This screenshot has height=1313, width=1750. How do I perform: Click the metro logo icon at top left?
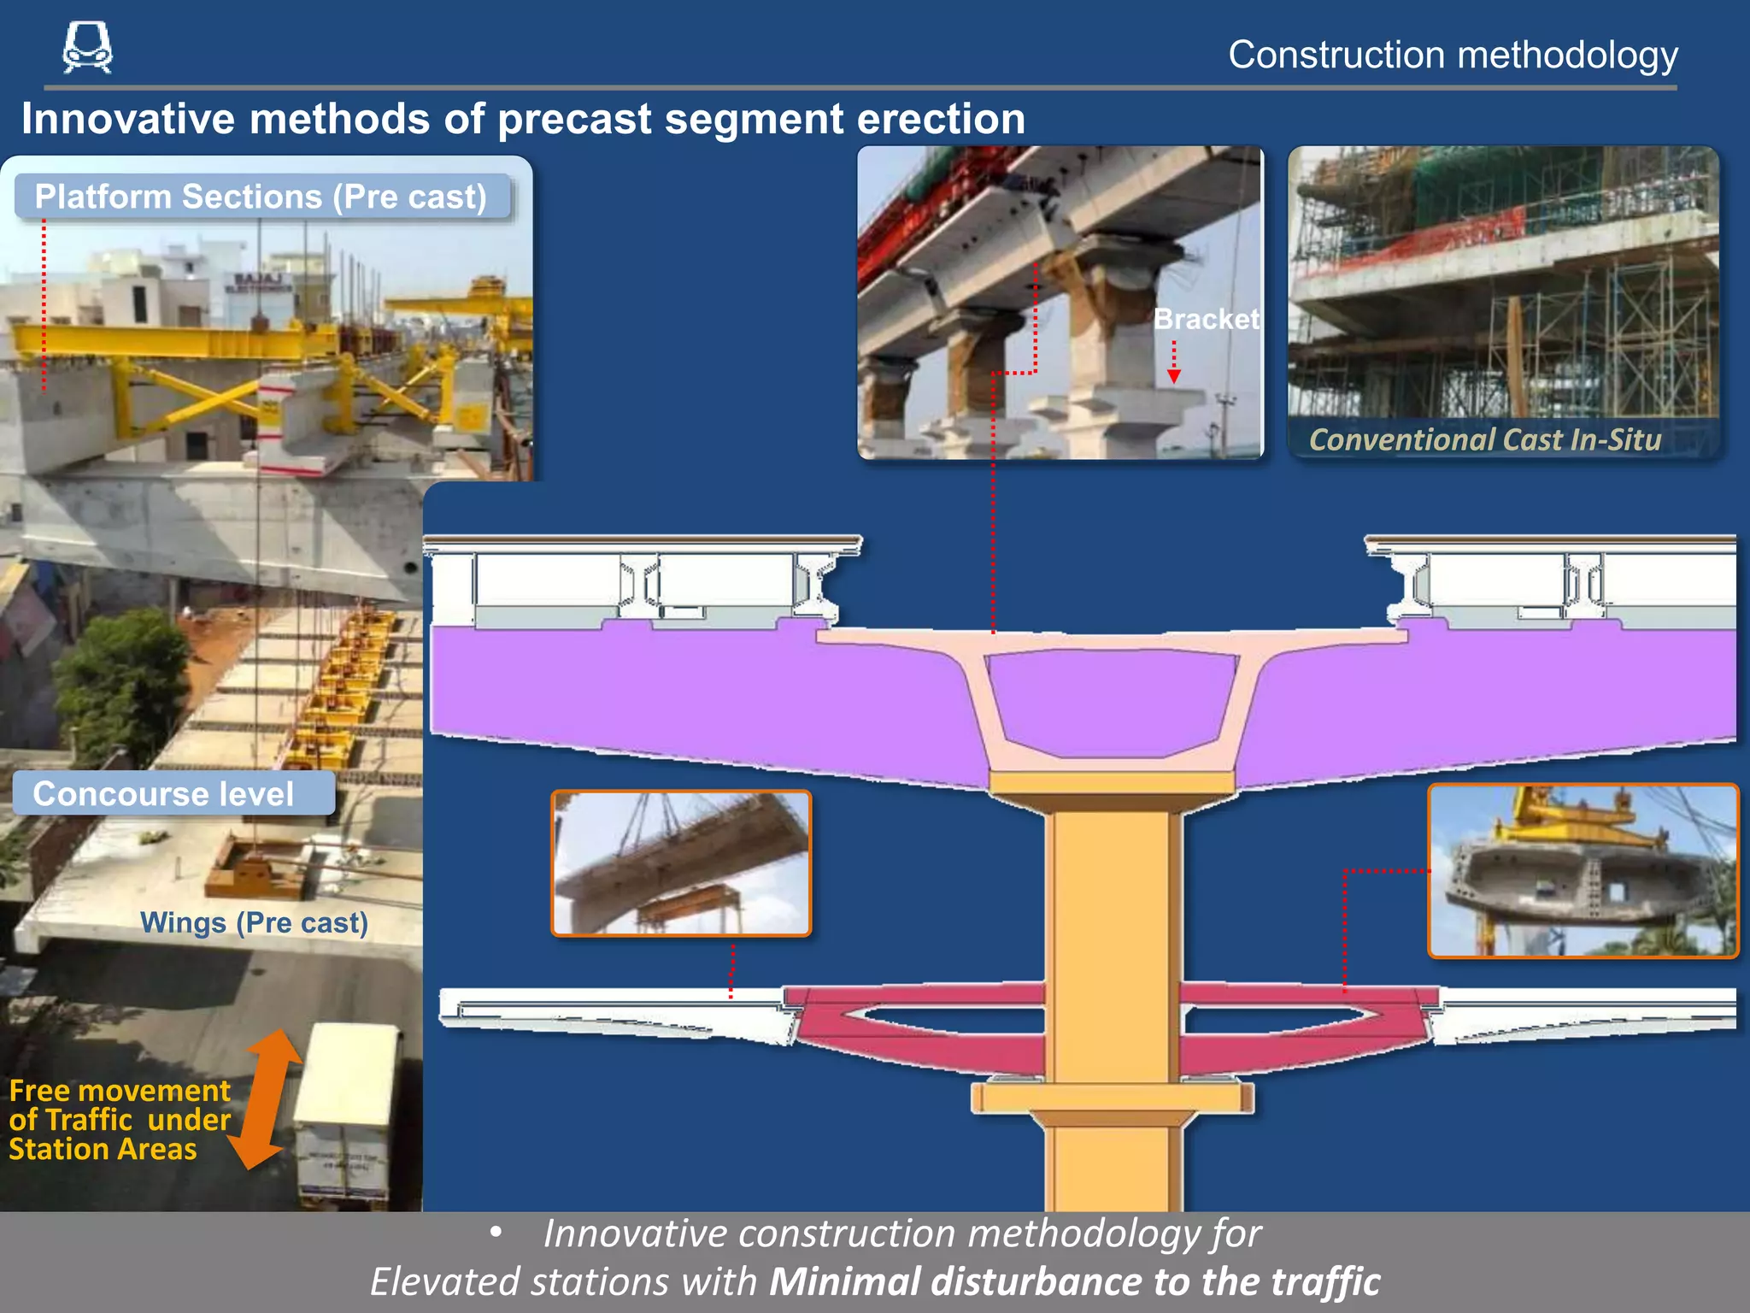pos(87,47)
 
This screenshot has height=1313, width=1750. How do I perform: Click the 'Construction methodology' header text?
pos(1453,55)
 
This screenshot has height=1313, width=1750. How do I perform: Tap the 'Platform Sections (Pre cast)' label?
pos(261,197)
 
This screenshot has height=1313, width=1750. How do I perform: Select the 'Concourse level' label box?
pos(171,793)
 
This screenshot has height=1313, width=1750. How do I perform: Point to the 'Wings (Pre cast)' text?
pos(254,922)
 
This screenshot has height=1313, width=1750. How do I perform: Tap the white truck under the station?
pos(346,1111)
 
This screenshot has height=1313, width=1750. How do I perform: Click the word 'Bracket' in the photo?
pos(1206,319)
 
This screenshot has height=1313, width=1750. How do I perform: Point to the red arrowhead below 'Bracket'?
pos(1174,376)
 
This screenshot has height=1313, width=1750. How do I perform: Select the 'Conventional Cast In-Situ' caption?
pos(1485,439)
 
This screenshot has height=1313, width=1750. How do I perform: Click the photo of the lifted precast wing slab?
pos(681,863)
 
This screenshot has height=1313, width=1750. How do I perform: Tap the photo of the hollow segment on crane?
pos(1583,870)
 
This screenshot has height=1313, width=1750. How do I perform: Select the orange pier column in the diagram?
pos(1113,940)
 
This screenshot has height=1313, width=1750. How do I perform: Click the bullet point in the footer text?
pos(496,1233)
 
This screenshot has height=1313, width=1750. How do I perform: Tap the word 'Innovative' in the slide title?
pos(128,118)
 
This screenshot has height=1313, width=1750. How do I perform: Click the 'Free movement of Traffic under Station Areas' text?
pos(120,1120)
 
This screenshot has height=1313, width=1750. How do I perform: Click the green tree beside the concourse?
pos(120,684)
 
